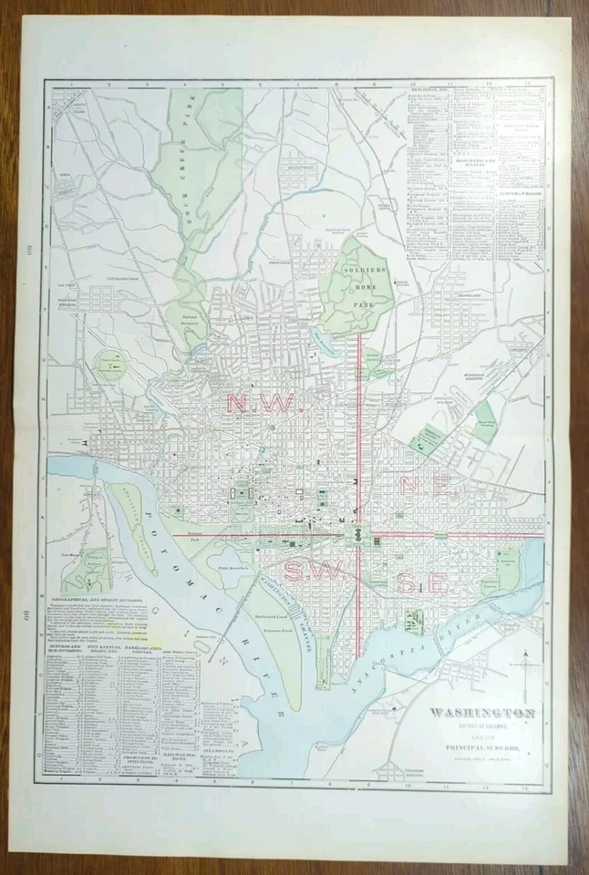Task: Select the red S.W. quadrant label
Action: (x=308, y=571)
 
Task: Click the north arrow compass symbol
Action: (x=524, y=672)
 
